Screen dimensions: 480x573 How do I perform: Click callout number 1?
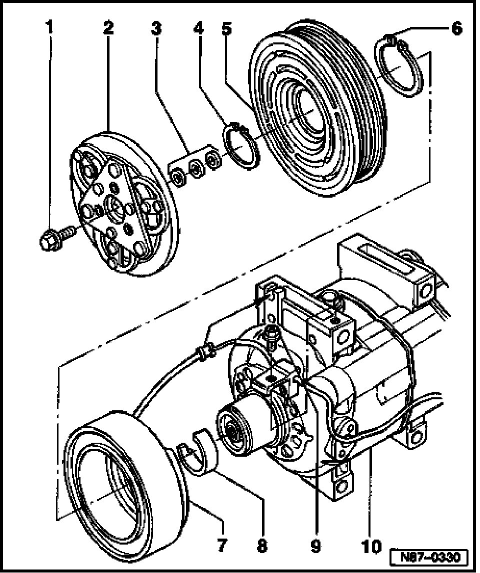[x=49, y=27]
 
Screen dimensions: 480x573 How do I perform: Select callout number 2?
[x=108, y=27]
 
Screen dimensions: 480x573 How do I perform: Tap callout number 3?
[x=156, y=27]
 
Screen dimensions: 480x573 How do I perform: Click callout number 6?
[x=455, y=28]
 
